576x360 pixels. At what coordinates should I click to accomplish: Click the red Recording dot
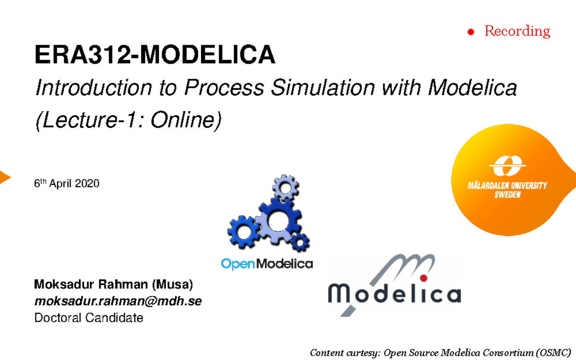tap(471, 32)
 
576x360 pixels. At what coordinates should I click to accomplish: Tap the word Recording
tap(517, 31)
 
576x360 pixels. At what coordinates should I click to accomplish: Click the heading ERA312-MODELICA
tap(155, 56)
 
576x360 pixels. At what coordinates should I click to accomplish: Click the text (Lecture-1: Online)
tap(129, 120)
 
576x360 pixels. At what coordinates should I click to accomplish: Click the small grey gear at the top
tap(286, 187)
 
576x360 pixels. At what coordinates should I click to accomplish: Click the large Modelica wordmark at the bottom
tap(394, 293)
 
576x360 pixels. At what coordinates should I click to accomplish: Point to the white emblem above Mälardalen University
tap(507, 166)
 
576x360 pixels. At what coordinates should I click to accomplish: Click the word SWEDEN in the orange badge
tap(507, 195)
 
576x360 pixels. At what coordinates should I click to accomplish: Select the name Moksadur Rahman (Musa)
tap(113, 285)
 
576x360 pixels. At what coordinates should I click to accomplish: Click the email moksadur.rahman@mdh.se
tap(118, 301)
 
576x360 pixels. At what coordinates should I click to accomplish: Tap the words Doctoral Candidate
tap(89, 318)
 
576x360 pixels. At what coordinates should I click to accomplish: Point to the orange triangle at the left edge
tap(4, 177)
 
